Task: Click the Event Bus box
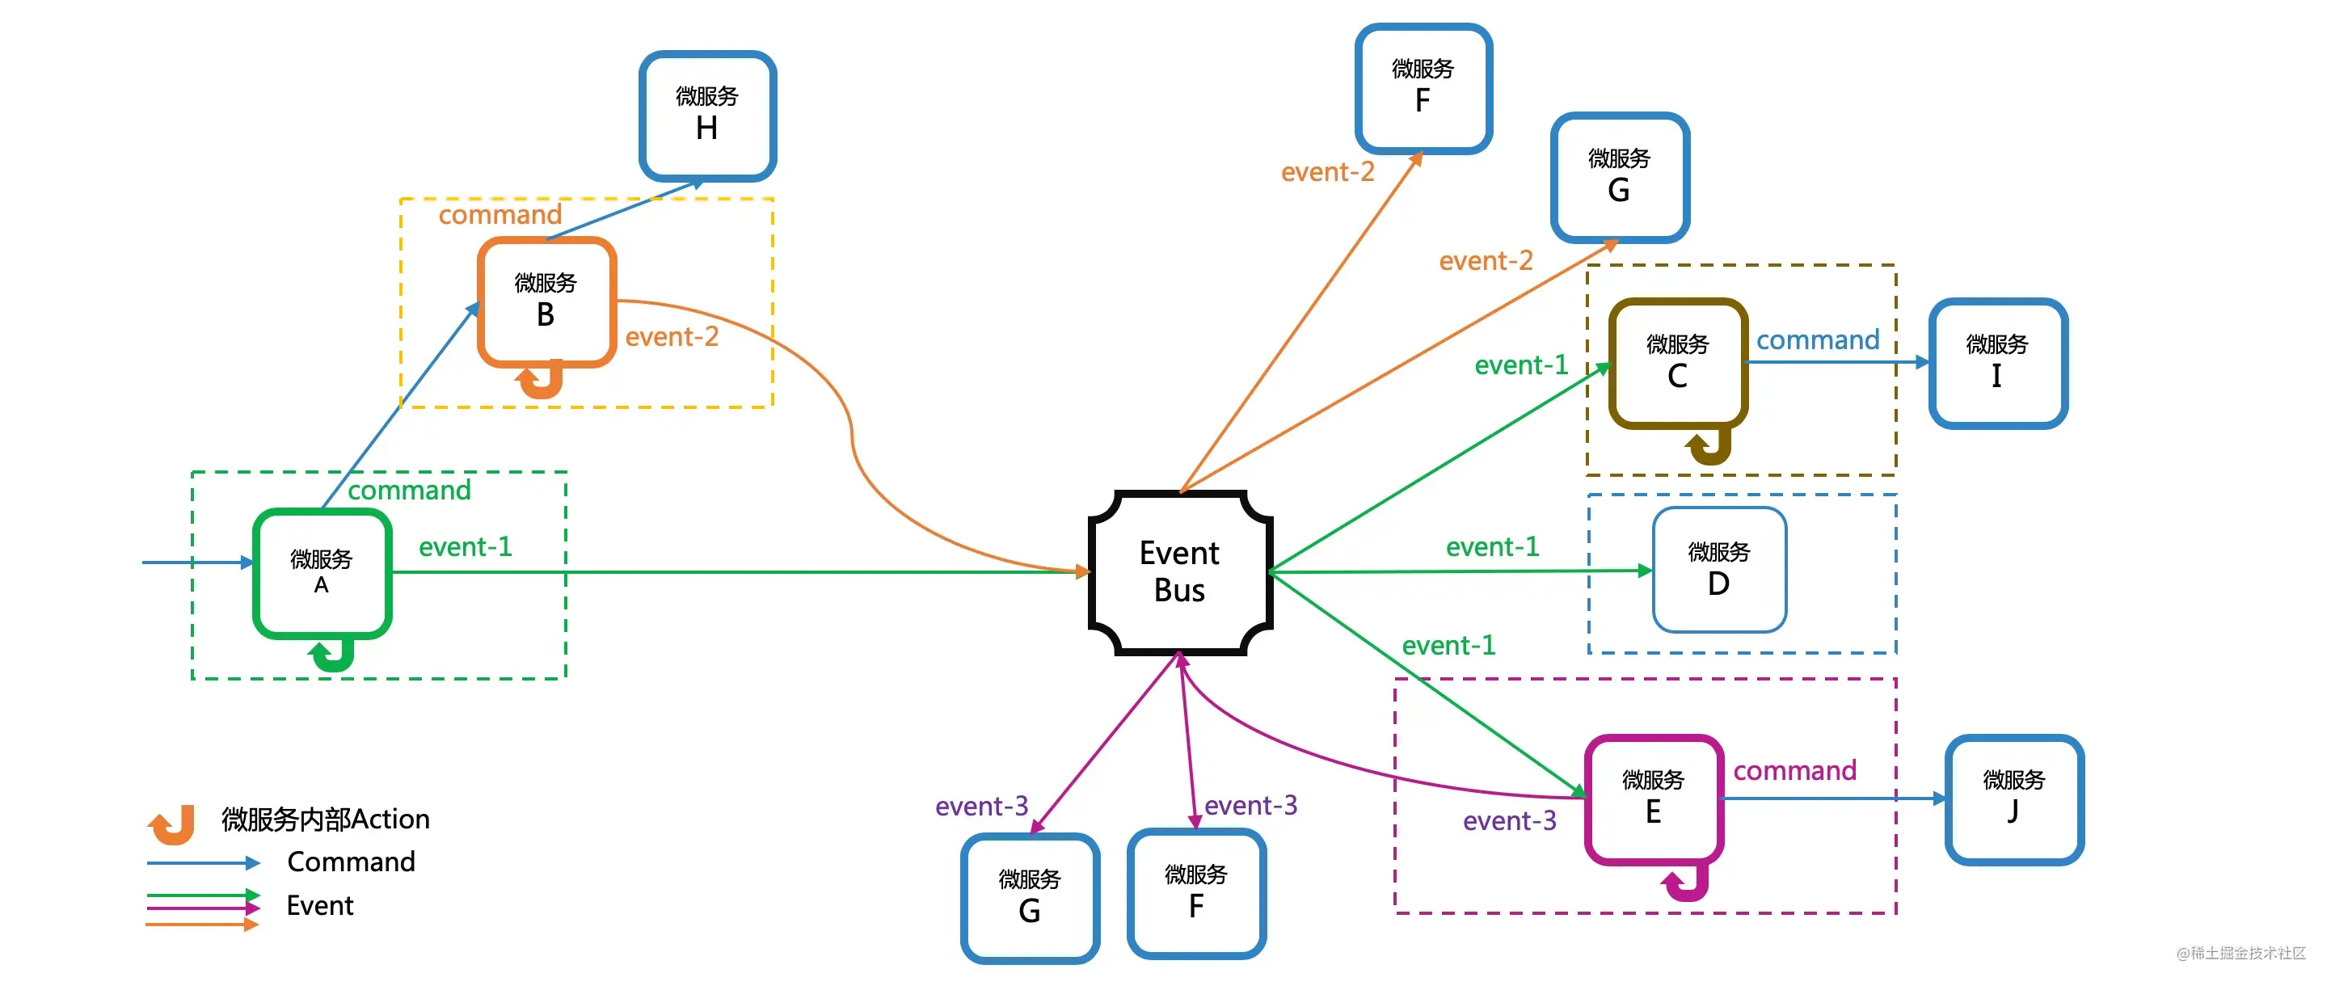[x=1180, y=571]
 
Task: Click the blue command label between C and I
[x=1818, y=340]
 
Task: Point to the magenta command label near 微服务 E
[x=1794, y=771]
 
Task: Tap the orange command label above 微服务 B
[x=500, y=215]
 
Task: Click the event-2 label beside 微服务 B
[x=672, y=336]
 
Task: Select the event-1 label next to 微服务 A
[x=465, y=546]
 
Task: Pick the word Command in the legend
[x=351, y=862]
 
